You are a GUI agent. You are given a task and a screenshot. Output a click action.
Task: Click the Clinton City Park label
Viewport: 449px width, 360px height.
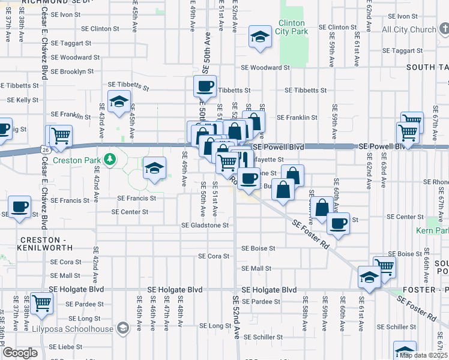[292, 28]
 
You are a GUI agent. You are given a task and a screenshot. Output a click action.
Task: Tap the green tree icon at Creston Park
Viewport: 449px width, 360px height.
[109, 159]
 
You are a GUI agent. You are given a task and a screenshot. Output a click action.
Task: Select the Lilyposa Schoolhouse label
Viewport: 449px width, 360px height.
[82, 329]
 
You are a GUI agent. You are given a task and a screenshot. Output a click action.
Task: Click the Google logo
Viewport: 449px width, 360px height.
[20, 353]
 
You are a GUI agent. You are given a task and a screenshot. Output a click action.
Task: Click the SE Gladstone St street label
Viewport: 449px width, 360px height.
[205, 226]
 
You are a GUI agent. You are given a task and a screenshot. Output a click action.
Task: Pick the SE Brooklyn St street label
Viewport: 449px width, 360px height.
[72, 71]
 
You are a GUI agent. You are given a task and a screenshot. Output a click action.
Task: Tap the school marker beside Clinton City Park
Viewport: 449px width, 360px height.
[261, 37]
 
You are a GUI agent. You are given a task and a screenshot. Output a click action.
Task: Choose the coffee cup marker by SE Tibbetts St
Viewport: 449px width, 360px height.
[205, 86]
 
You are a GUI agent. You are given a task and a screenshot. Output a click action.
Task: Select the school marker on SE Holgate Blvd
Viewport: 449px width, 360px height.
[369, 278]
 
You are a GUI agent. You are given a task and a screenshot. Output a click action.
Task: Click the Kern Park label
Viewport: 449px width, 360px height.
[432, 230]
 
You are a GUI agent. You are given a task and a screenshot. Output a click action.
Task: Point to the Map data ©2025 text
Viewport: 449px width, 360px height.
[423, 355]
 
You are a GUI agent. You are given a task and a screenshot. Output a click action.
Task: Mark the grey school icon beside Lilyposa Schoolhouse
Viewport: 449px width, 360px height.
[123, 328]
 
